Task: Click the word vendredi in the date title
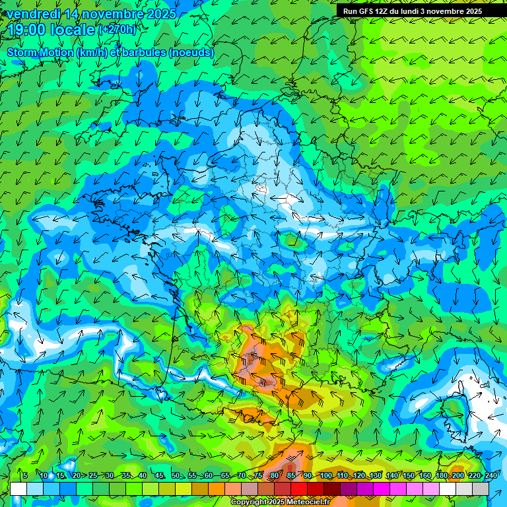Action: point(33,13)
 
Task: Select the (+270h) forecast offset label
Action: point(117,30)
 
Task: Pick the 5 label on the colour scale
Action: point(24,476)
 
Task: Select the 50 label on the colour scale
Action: point(175,476)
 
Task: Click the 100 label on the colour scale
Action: point(326,476)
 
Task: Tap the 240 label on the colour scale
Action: point(490,476)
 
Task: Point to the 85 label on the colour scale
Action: point(291,476)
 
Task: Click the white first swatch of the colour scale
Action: point(18,489)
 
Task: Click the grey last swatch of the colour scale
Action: point(481,489)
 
